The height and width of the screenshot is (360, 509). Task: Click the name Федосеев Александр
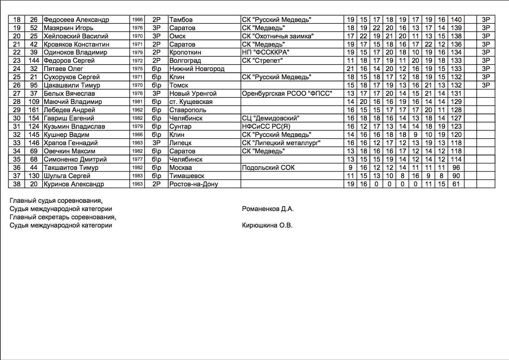[76, 20]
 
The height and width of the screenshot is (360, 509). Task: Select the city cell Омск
[177, 36]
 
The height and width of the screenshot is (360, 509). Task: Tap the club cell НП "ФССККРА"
[265, 52]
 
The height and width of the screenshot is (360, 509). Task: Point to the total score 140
[456, 20]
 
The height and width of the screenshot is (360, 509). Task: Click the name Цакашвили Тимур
[72, 85]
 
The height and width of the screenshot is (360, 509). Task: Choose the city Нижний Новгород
[197, 69]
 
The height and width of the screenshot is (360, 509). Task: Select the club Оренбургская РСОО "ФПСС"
[287, 93]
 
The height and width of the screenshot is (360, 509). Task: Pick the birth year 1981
[137, 102]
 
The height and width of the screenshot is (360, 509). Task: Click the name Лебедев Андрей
[69, 110]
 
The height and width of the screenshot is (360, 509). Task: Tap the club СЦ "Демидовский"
[270, 118]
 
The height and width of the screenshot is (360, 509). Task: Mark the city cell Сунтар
[180, 126]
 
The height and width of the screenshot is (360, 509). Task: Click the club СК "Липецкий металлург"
[281, 143]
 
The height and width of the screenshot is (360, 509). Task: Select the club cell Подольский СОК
[268, 167]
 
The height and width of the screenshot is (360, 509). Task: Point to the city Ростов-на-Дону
[194, 184]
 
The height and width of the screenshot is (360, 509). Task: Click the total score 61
[456, 184]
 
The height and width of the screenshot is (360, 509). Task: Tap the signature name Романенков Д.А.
[268, 209]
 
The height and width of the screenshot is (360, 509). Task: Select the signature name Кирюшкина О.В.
[267, 225]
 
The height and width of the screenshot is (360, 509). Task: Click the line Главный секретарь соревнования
[63, 217]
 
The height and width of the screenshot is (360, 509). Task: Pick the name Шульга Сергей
[67, 176]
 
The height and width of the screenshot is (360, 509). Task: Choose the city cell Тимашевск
[187, 176]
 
